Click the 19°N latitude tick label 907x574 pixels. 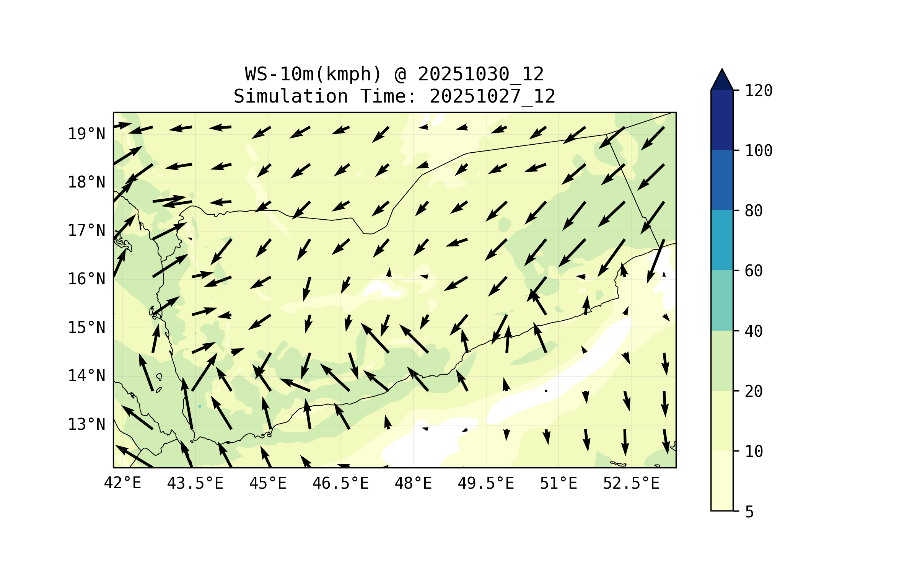(x=86, y=134)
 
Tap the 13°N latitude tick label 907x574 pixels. (x=86, y=424)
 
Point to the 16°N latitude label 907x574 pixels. (x=86, y=279)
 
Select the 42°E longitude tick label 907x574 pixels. (x=122, y=483)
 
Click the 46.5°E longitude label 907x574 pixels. (x=340, y=483)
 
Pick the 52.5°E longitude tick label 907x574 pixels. (x=631, y=483)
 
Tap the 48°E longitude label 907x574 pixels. (x=413, y=483)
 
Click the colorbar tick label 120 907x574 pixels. (x=759, y=91)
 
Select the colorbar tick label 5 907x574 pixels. (x=749, y=512)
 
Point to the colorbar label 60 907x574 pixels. (x=754, y=271)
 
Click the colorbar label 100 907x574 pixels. (x=759, y=151)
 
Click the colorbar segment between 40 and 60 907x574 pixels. (x=722, y=300)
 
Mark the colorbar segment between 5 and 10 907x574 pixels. (x=722, y=481)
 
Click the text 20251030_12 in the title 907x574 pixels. (x=480, y=74)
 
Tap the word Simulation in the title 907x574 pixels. (x=291, y=96)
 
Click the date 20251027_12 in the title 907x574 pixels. (x=492, y=96)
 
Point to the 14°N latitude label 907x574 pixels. (x=86, y=376)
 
